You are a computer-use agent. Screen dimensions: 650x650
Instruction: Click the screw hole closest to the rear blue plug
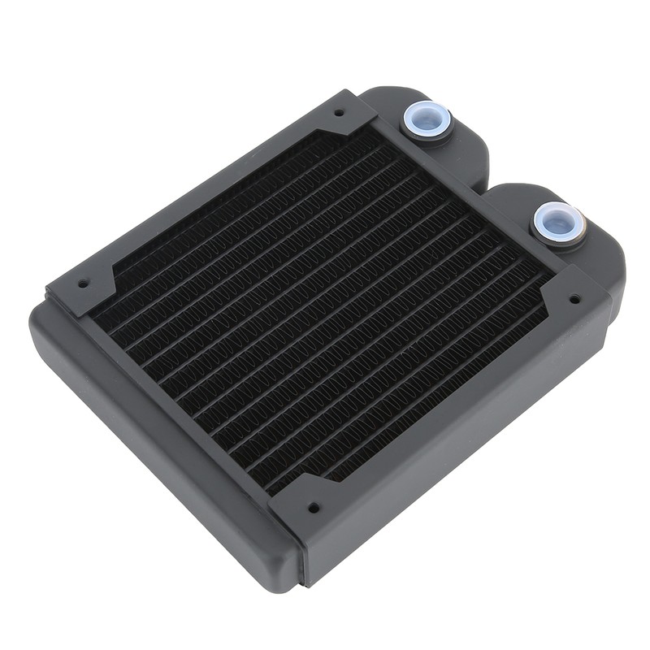339,112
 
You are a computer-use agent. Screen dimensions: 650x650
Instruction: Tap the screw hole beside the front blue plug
574,299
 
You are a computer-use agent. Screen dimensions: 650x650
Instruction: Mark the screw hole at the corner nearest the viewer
313,508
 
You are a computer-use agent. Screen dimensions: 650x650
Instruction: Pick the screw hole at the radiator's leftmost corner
82,285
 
